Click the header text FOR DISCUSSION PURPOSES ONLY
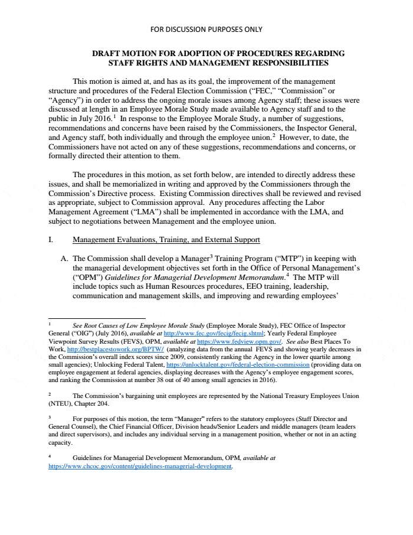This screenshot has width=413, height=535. (x=206, y=29)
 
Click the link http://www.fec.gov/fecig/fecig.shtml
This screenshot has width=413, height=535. (x=201, y=333)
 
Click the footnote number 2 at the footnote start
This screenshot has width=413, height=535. (x=50, y=394)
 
